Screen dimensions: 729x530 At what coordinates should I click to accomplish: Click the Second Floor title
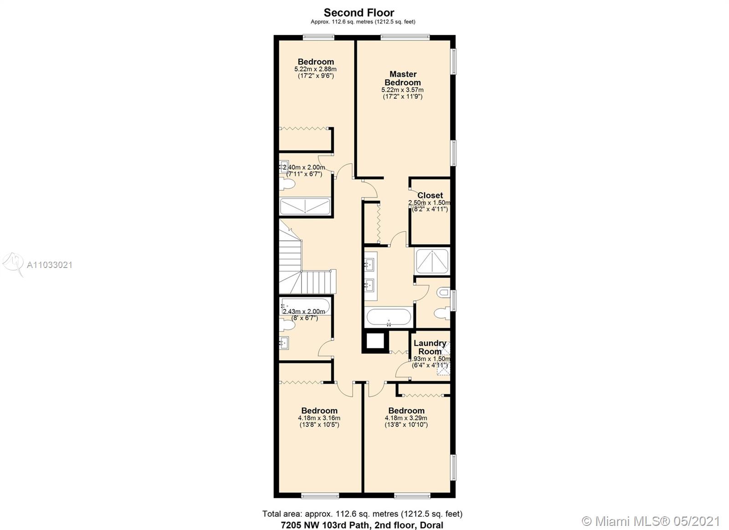(x=359, y=13)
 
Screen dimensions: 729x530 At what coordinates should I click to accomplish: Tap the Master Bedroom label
(x=403, y=78)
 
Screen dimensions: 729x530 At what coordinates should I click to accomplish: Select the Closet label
(x=430, y=196)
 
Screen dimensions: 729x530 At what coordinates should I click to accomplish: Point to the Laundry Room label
(x=430, y=347)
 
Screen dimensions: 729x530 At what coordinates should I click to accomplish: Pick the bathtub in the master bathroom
(x=389, y=317)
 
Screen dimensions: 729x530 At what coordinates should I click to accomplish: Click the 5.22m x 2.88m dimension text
(x=315, y=69)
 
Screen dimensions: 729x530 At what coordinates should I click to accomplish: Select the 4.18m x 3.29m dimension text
(x=406, y=418)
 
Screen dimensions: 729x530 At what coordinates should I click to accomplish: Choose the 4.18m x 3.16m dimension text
(x=319, y=418)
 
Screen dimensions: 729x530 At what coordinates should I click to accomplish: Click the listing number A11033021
(x=50, y=265)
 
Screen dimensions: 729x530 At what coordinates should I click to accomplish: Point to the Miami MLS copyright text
(x=651, y=521)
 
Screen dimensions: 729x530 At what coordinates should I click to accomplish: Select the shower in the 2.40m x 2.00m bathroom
(x=305, y=207)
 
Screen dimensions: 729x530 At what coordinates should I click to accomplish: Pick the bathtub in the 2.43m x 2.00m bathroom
(x=305, y=306)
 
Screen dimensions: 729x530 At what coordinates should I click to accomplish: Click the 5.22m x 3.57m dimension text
(x=403, y=90)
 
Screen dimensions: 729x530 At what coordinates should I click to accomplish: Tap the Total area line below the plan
(x=362, y=514)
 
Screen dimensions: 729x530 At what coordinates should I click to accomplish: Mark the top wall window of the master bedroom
(x=406, y=37)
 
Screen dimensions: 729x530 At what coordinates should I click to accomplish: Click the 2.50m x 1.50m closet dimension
(x=430, y=202)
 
